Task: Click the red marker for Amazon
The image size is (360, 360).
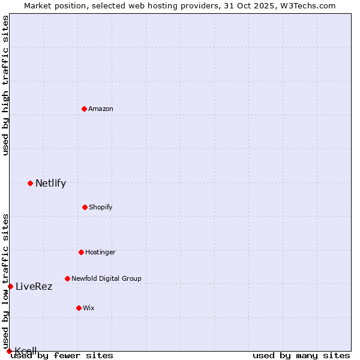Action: coord(85,109)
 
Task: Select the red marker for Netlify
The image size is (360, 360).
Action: coord(31,183)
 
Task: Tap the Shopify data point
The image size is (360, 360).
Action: coord(85,207)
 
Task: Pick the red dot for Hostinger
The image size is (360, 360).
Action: coord(81,252)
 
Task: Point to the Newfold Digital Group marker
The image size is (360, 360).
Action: coord(67,278)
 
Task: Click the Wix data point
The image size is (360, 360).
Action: coord(79,308)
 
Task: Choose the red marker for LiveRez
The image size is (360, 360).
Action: coord(10,286)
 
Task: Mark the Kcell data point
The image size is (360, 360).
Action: coord(9,351)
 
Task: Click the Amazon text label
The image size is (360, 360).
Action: coord(101,109)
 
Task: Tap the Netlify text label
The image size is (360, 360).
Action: coord(50,184)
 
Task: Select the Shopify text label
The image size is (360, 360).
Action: coord(101,207)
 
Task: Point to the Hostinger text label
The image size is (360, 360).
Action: coord(100,252)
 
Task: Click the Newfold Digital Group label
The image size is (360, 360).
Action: coord(106,278)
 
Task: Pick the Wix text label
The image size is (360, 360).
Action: coord(89,308)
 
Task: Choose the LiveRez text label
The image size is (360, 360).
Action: coord(34,287)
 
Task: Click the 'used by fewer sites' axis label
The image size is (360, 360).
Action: coord(62,355)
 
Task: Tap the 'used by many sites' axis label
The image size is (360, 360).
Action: coord(301,355)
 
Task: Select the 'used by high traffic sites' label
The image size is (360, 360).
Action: coord(6,85)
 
